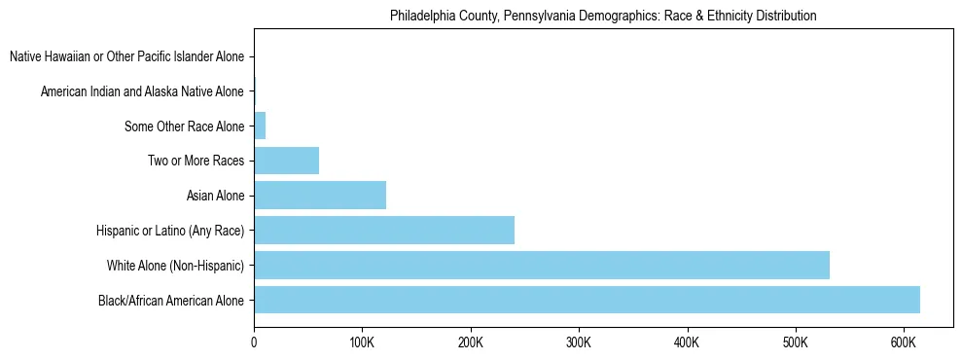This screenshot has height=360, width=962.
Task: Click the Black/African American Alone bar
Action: (587, 300)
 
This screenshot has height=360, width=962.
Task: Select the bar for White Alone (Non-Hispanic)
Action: (542, 265)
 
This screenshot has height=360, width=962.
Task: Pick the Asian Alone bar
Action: (320, 196)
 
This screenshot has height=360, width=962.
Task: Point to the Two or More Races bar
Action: (286, 161)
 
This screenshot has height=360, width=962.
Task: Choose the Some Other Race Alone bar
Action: (260, 126)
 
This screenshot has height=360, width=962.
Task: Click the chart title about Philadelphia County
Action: (603, 16)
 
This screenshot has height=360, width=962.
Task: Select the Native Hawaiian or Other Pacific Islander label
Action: (126, 57)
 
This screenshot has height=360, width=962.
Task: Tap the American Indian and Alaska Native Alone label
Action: (142, 91)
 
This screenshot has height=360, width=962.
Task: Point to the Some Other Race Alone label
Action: (185, 126)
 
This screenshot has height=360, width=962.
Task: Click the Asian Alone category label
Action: (215, 196)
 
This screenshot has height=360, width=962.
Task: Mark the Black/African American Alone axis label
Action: (171, 301)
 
